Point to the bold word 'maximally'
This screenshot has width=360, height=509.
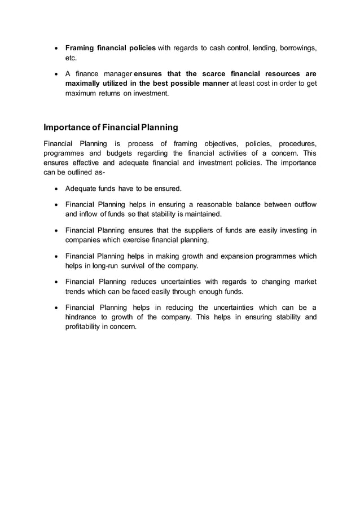point(85,84)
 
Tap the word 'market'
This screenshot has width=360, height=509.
point(304,282)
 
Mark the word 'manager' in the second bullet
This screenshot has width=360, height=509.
point(117,74)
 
